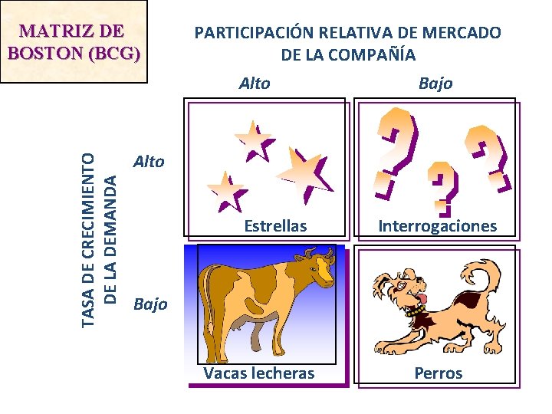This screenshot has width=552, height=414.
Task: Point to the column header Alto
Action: click(255, 83)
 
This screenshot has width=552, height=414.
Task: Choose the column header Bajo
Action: click(435, 83)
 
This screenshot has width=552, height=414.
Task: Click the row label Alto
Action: click(149, 161)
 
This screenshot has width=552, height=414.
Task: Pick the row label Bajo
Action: click(150, 304)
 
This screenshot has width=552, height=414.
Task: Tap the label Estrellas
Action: click(275, 226)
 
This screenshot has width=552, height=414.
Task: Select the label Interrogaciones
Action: click(437, 226)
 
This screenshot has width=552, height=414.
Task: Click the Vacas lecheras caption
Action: click(259, 373)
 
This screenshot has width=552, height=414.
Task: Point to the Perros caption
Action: click(439, 373)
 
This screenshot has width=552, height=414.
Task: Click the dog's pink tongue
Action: click(419, 297)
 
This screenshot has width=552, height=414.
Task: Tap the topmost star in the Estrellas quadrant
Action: click(254, 140)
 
